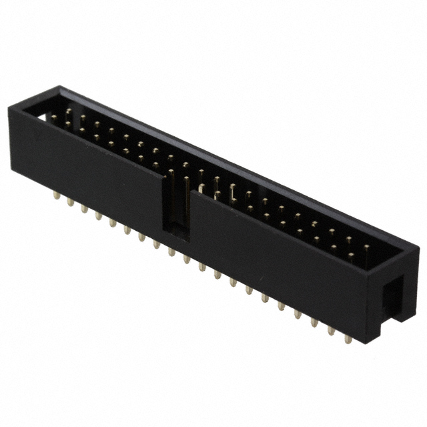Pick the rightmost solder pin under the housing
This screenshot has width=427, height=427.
347,338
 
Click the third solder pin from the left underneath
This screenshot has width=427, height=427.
84,209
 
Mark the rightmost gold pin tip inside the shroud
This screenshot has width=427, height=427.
366,249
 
